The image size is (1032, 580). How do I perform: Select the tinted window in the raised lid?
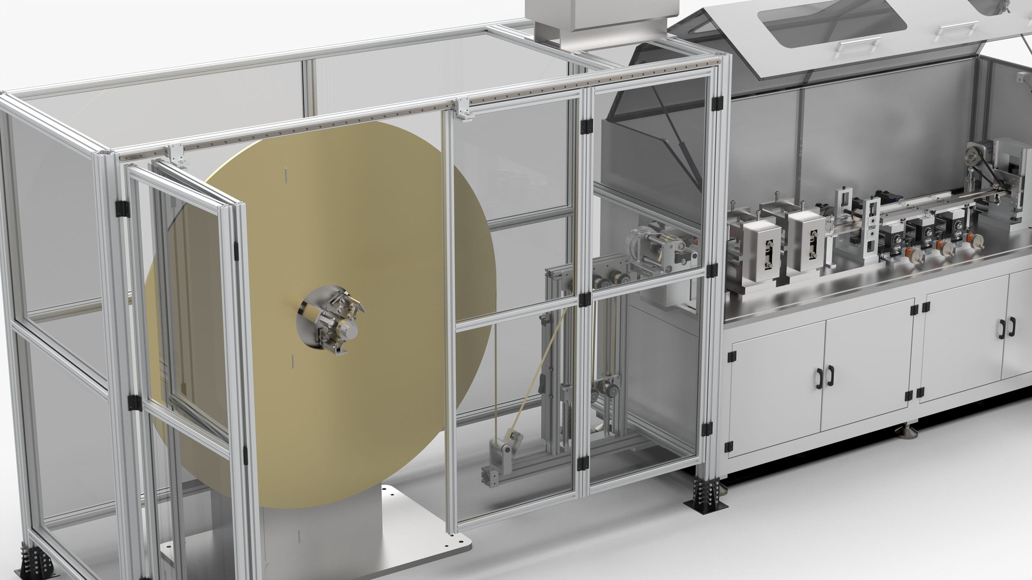click(x=830, y=19)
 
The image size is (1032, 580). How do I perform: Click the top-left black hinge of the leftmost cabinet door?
click(x=731, y=356)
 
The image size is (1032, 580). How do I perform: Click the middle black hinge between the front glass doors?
click(x=585, y=300)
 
